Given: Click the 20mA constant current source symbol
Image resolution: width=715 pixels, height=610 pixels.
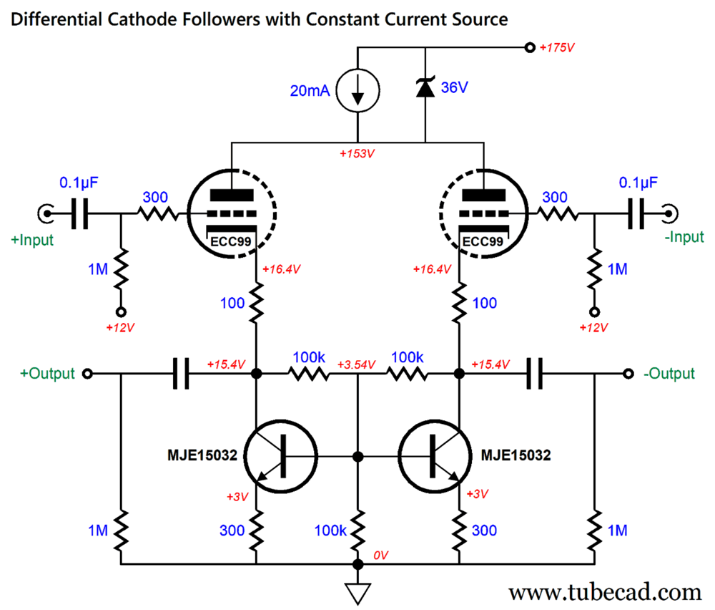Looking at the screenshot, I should pos(357,91).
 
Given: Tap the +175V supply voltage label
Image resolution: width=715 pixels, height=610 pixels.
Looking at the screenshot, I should pos(558,48).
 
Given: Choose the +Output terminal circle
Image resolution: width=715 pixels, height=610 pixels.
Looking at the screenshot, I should pos(87,374).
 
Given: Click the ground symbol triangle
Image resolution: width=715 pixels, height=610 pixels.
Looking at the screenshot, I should pos(357,592).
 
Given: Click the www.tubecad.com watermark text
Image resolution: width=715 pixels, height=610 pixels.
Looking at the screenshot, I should pos(605,591).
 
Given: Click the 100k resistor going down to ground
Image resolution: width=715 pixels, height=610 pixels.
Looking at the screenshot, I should pos(357,531).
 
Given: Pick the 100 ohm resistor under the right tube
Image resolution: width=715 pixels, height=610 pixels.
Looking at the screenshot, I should pos(459,304).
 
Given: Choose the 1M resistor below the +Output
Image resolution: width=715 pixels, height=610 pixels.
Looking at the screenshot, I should pos(120,531).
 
